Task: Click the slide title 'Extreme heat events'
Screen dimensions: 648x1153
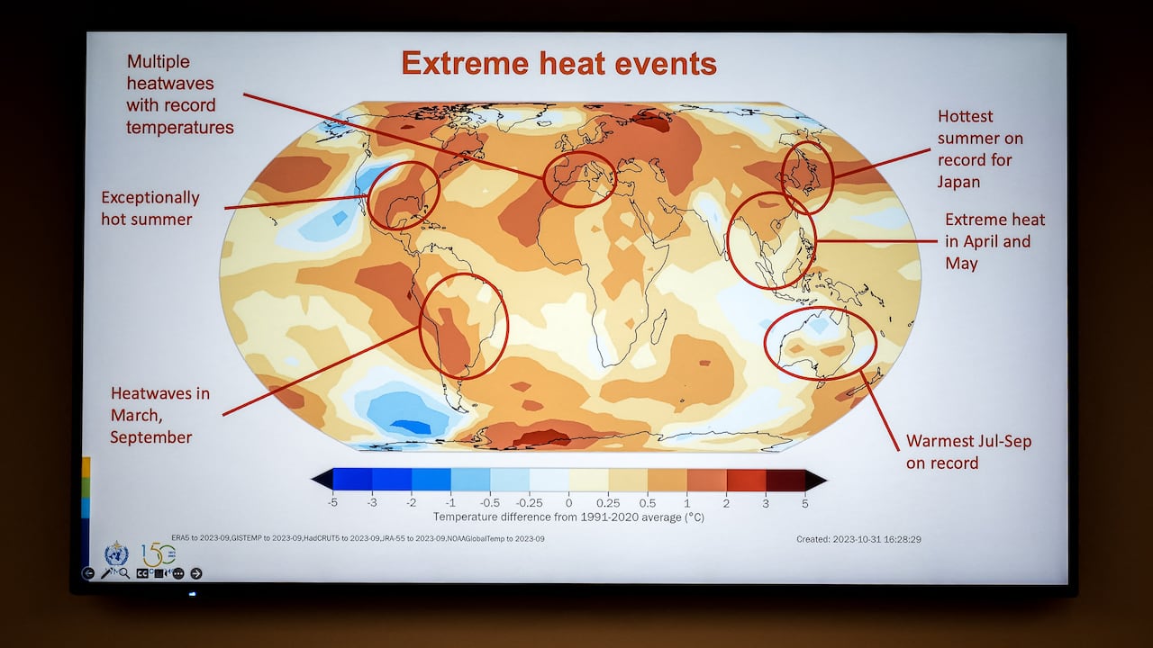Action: pos(558,63)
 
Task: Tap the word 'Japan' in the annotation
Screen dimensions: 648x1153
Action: pos(958,182)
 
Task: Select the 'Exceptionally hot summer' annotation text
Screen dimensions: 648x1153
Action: pos(150,208)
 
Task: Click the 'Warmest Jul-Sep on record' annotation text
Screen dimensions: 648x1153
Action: pos(968,452)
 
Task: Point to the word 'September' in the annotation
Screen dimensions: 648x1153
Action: pos(151,437)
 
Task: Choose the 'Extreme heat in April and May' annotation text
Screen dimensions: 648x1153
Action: pos(994,241)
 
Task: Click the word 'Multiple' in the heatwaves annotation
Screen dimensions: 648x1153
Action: pos(158,61)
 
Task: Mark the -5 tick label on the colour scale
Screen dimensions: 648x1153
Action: pos(332,503)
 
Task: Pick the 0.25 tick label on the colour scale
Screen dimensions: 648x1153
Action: pos(608,503)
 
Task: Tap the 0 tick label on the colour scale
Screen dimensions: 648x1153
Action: pos(568,503)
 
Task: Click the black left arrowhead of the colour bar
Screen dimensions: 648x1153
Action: pos(320,480)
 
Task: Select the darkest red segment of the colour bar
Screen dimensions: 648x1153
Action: pos(785,480)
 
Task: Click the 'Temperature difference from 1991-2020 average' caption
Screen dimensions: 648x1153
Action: pos(568,517)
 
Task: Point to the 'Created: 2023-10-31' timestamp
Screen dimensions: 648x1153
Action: pos(858,539)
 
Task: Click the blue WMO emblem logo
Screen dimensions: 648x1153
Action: pos(116,553)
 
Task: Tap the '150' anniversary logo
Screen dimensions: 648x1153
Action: pos(159,553)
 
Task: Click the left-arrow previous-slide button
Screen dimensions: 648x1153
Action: pos(88,573)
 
